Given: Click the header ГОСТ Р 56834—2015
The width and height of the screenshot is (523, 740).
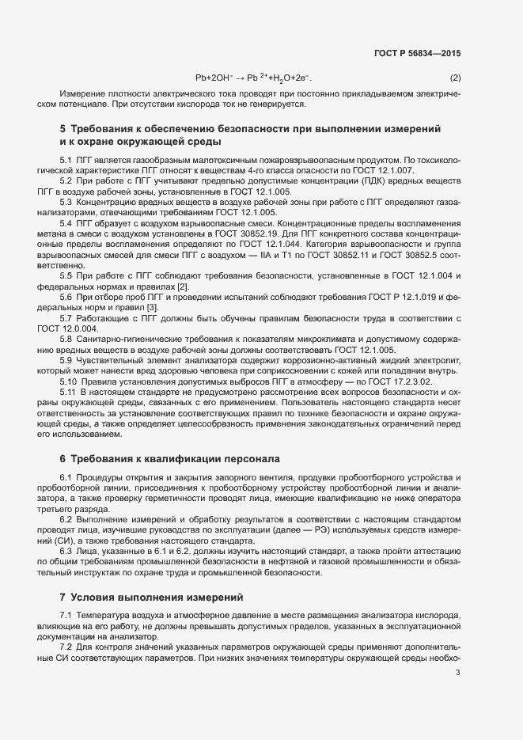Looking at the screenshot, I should [x=416, y=53].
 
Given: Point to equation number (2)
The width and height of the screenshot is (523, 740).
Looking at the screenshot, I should [x=455, y=78].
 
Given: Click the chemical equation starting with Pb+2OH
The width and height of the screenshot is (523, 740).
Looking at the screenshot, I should [x=254, y=78].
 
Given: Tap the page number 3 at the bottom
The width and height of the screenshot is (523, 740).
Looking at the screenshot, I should [x=457, y=674].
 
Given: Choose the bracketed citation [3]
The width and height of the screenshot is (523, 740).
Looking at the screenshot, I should [x=151, y=306].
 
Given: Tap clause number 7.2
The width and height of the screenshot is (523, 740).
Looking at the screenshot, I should [x=66, y=647].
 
